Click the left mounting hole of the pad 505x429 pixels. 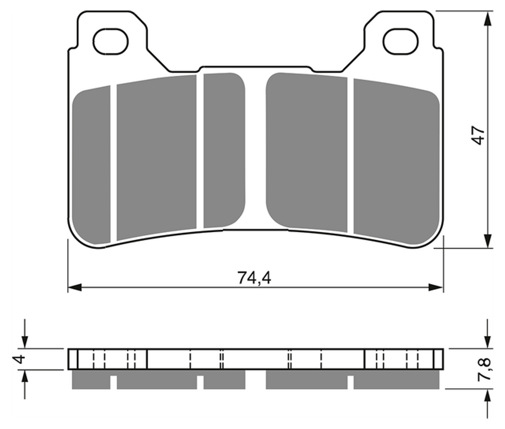[x=111, y=41]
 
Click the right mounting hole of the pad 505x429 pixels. [x=400, y=41]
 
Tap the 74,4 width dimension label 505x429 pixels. [x=254, y=278]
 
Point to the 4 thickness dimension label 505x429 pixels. [x=20, y=358]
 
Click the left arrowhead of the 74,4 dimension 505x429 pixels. [x=75, y=287]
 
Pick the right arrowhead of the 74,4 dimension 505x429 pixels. [x=436, y=287]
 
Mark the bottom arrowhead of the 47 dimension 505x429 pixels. [x=488, y=241]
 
